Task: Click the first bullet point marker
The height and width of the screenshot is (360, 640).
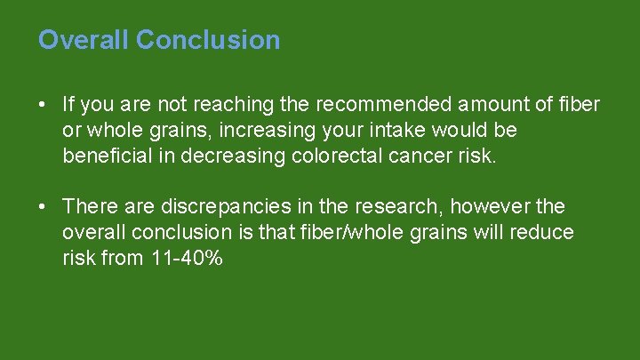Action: coord(43,105)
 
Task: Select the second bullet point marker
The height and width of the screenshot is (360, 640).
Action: coord(43,207)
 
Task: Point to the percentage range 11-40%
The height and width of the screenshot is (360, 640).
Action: coord(181,259)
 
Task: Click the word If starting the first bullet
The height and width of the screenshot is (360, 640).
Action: coord(68,105)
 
